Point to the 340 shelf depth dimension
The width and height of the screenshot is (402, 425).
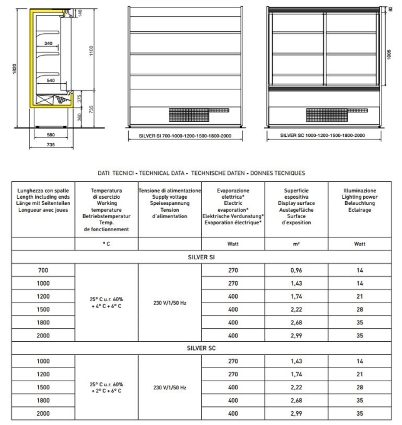pyautogui.click(x=49, y=43)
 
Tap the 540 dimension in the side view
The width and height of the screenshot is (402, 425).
pyautogui.click(x=50, y=81)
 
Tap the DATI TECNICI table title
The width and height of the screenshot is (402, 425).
pyautogui.click(x=201, y=172)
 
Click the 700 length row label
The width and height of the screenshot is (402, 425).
pyautogui.click(x=43, y=270)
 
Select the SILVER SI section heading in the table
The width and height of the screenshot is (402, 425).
pyautogui.click(x=201, y=257)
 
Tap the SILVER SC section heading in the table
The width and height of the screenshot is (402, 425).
pyautogui.click(x=201, y=348)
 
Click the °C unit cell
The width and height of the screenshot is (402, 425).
pyautogui.click(x=106, y=244)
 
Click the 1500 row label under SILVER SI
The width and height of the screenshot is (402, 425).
pyautogui.click(x=43, y=309)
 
